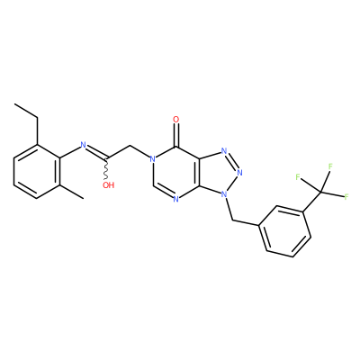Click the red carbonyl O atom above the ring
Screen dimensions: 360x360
coord(176,120)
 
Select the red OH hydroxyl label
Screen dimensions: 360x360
coord(108,185)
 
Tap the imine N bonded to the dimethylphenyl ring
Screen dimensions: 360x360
coord(84,145)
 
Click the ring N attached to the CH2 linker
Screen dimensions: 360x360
coord(153,159)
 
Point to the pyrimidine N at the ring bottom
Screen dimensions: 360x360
coord(176,199)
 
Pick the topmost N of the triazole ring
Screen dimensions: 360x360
coord(224,151)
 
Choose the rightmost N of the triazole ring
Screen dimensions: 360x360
coord(239,173)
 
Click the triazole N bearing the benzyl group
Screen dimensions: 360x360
coord(223,194)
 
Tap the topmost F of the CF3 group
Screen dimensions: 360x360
coord(330,166)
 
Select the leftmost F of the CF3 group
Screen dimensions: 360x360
coord(298,176)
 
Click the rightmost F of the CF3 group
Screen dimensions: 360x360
coord(346,197)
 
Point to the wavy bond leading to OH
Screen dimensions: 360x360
coord(106,169)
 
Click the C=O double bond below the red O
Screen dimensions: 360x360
coord(176,136)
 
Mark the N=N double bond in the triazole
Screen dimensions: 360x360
coord(232,161)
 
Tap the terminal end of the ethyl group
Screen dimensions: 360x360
coord(14,104)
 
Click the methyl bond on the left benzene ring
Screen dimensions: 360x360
coord(72,192)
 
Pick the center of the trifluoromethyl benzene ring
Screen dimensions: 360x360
coord(284,231)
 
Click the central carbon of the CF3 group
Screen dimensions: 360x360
coord(320,191)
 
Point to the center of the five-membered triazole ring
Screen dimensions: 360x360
coord(220,172)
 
